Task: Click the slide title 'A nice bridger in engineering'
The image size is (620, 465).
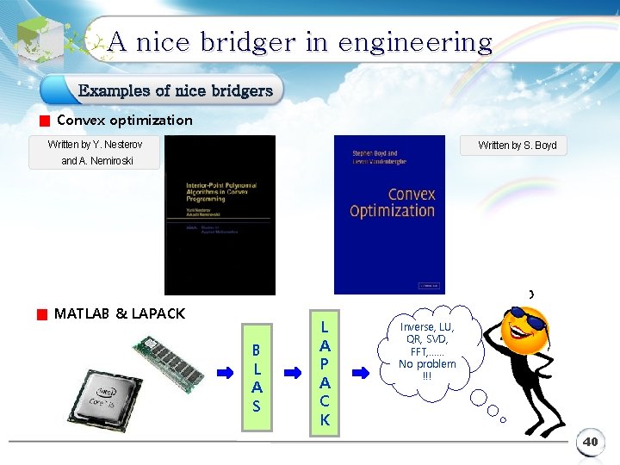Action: pyautogui.click(x=301, y=42)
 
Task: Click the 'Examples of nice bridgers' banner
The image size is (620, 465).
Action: pyautogui.click(x=175, y=90)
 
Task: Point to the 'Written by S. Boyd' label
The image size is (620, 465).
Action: pyautogui.click(x=517, y=146)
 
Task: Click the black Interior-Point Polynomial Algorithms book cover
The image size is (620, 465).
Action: pyautogui.click(x=220, y=215)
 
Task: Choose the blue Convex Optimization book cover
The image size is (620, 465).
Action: pyautogui.click(x=389, y=215)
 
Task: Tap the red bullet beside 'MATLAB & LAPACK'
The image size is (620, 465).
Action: pyautogui.click(x=41, y=315)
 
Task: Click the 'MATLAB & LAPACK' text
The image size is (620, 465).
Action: pyautogui.click(x=120, y=314)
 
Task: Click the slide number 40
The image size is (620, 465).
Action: pyautogui.click(x=590, y=442)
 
